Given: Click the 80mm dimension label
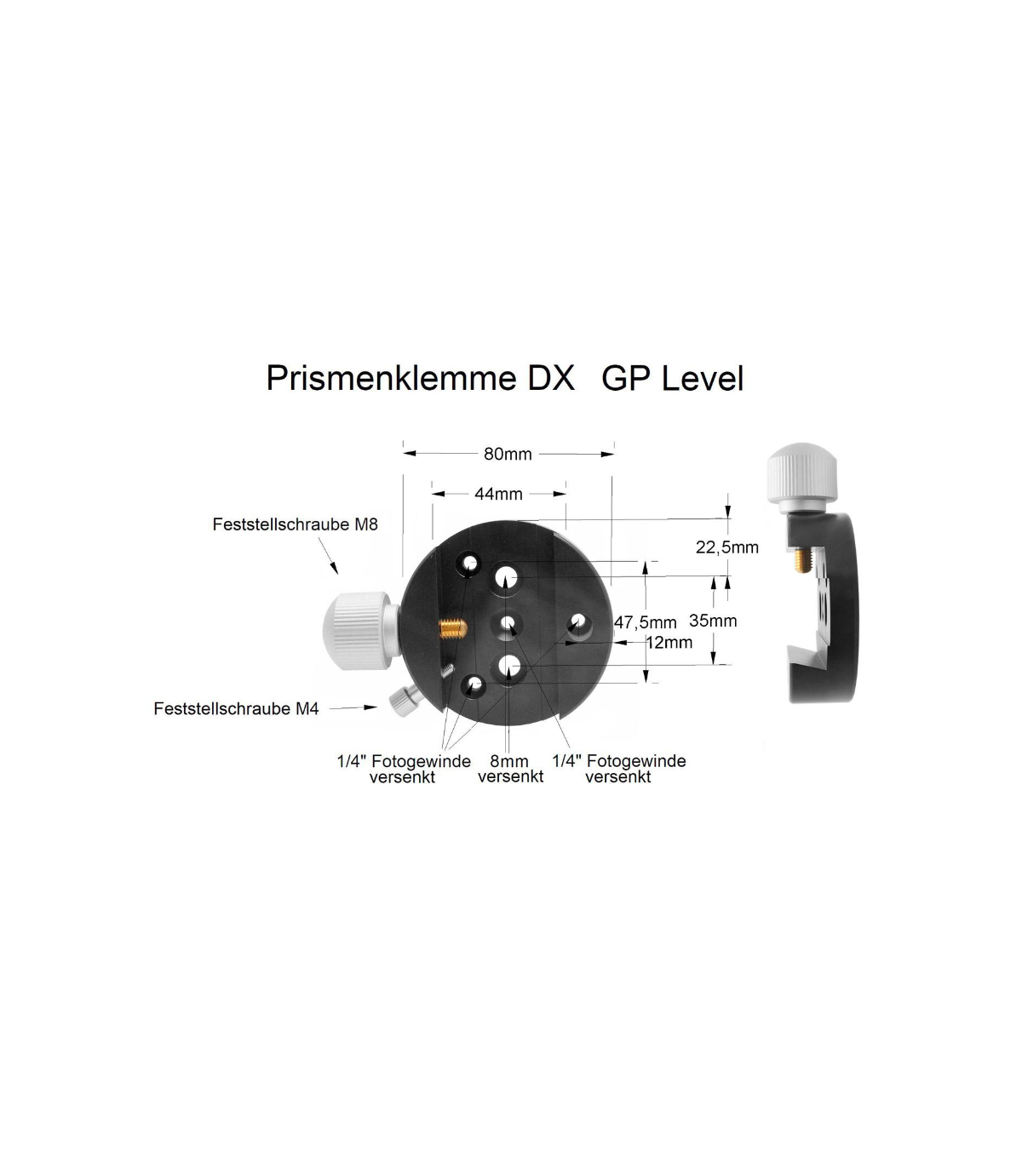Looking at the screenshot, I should pyautogui.click(x=508, y=455).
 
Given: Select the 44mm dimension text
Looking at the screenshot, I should pyautogui.click(x=498, y=494).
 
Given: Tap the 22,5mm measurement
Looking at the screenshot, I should pyautogui.click(x=726, y=547).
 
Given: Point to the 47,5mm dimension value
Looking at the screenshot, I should pyautogui.click(x=646, y=622).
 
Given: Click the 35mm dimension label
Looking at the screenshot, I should pyautogui.click(x=713, y=621).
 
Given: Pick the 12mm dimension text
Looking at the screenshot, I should pyautogui.click(x=669, y=643).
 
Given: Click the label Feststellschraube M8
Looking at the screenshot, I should pyautogui.click(x=295, y=525).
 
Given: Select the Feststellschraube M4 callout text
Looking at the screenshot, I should pyautogui.click(x=236, y=708).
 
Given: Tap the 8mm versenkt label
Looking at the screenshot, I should pyautogui.click(x=510, y=769).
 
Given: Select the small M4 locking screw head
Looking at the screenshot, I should pyautogui.click(x=400, y=701).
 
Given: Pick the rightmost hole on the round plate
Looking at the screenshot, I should pyautogui.click(x=578, y=624).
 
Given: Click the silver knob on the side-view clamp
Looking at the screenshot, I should pyautogui.click(x=801, y=478).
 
